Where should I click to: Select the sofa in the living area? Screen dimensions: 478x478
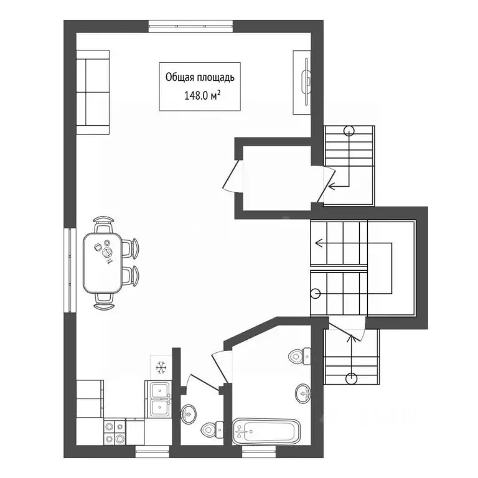[x=93, y=92]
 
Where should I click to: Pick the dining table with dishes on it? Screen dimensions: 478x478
[x=103, y=263]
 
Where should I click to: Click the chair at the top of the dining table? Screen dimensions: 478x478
[x=103, y=224]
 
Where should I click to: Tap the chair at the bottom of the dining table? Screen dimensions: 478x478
[x=104, y=301]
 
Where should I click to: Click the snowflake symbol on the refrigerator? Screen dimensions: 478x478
[x=161, y=367]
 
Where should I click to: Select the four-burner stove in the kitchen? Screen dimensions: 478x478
[x=115, y=433]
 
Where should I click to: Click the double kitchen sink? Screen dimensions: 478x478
[x=160, y=400]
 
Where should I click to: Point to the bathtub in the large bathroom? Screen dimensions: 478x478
[x=266, y=431]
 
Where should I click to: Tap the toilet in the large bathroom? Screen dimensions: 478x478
[x=299, y=355]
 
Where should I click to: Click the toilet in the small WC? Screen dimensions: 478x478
[x=212, y=429]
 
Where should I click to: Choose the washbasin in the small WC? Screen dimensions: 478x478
[x=189, y=413]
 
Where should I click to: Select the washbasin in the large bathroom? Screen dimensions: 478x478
[x=303, y=393]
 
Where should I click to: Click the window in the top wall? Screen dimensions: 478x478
[x=191, y=26]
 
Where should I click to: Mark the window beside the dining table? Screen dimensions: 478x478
[x=70, y=270]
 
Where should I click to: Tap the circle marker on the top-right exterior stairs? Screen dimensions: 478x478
[x=349, y=131]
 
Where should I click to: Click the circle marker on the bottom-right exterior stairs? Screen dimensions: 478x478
[x=351, y=378]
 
